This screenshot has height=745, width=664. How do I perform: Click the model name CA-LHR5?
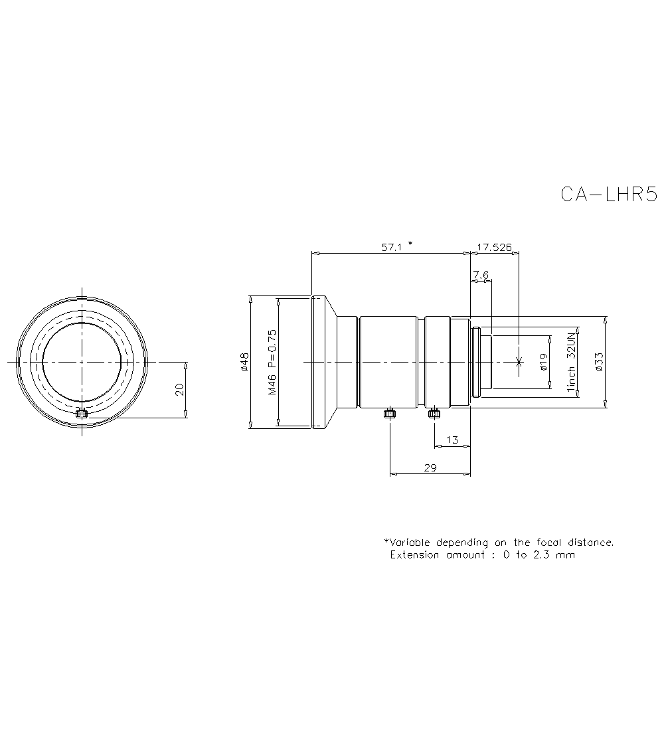[608, 194]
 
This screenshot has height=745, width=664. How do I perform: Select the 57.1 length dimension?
[392, 246]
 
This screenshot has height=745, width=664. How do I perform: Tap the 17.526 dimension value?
[494, 247]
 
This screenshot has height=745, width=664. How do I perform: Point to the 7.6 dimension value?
[481, 274]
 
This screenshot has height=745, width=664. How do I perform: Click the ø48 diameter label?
[244, 362]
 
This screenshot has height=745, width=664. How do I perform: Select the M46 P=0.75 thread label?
[272, 362]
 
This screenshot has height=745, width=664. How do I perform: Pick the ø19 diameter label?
[542, 361]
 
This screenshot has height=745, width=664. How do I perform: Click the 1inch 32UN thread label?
[570, 362]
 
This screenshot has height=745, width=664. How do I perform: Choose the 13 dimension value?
[452, 440]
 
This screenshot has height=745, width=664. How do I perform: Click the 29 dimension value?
[430, 467]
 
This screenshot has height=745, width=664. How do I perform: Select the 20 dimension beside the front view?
[179, 390]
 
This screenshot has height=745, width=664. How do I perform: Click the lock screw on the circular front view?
[82, 415]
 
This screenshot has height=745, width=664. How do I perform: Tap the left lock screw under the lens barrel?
[390, 414]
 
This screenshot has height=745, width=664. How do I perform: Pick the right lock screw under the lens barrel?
[434, 414]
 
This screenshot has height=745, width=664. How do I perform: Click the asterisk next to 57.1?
[410, 244]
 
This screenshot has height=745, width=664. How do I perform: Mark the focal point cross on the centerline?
[519, 362]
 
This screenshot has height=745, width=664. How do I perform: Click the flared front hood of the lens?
[323, 362]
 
